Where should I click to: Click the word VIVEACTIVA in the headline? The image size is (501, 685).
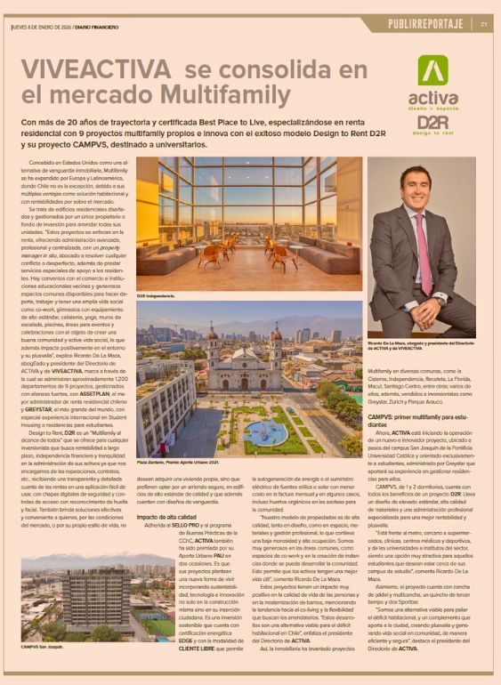click(95, 69)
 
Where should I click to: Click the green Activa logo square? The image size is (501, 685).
click(433, 71)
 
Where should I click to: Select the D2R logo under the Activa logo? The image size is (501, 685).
click(433, 122)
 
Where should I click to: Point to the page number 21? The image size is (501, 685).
click(483, 24)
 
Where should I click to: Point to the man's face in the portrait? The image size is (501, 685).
click(417, 189)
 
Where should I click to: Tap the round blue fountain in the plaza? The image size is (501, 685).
click(263, 433)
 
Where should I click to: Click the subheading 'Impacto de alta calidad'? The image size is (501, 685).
click(166, 515)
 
